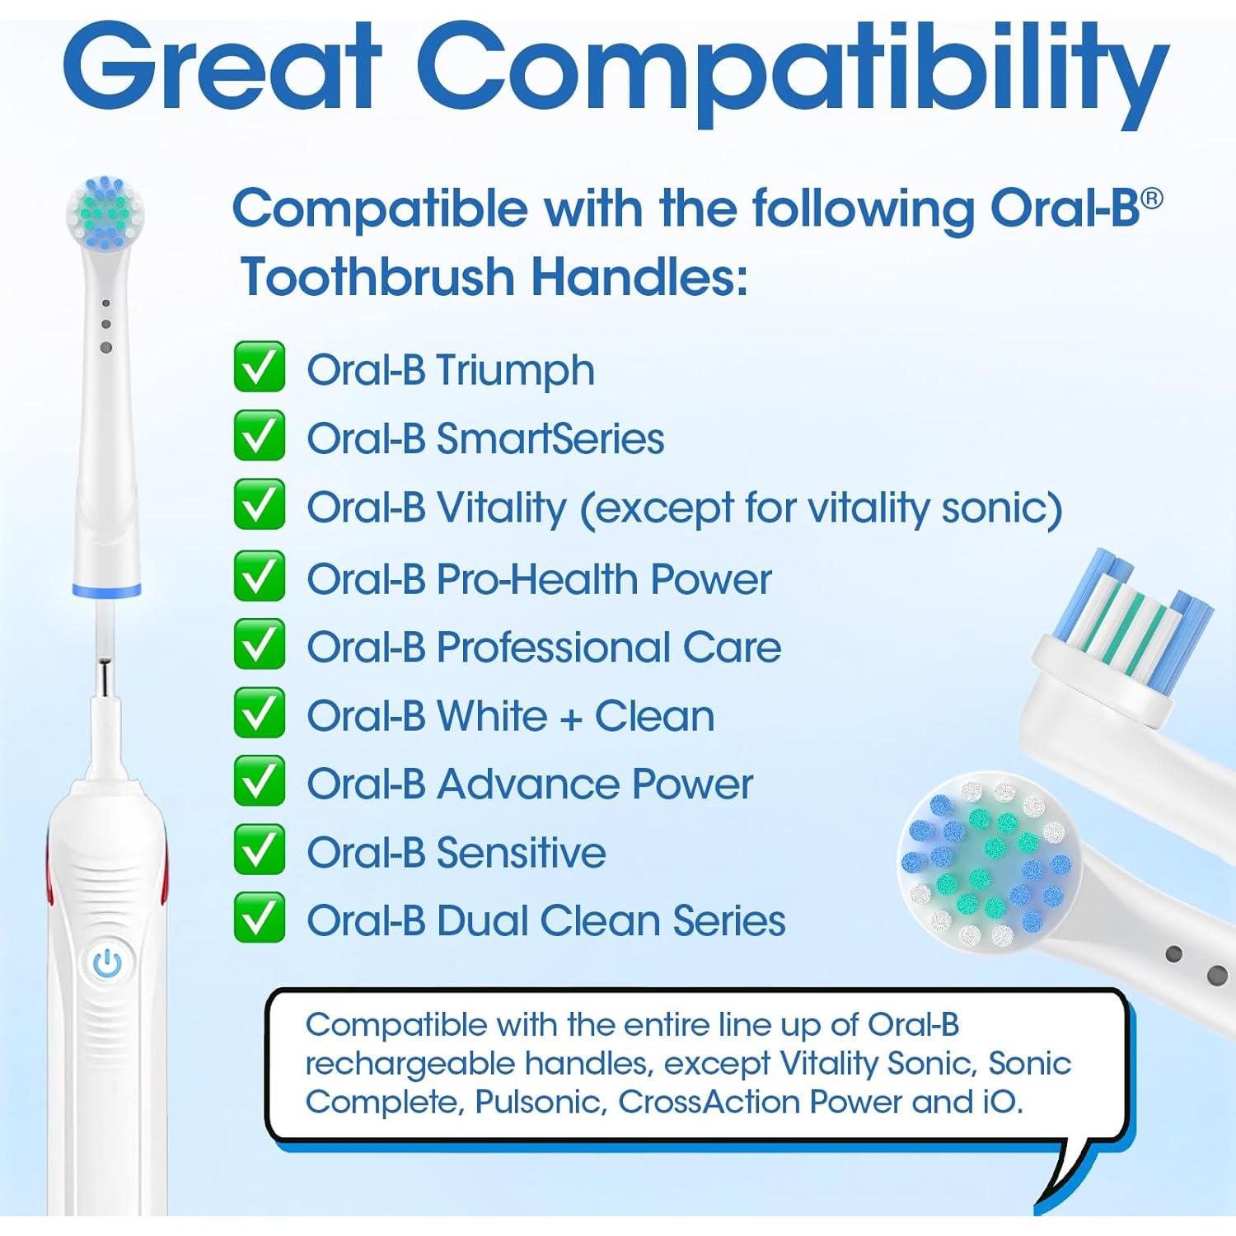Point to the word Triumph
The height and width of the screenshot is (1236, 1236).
(515, 371)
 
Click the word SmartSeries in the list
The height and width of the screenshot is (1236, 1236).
(550, 438)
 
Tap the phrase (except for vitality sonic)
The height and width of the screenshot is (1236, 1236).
(821, 508)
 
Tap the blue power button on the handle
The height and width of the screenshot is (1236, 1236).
(107, 963)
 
